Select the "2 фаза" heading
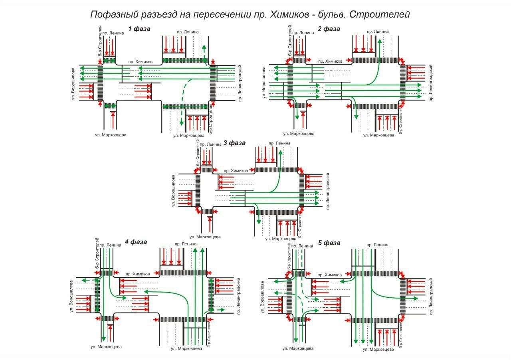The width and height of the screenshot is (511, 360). coord(329,29)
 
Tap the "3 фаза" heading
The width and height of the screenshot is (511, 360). coord(234,143)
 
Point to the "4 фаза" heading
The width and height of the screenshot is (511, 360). coord(136,242)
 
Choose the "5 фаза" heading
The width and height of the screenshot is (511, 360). coord(329,243)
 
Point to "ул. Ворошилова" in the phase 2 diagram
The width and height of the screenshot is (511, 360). coord(263,83)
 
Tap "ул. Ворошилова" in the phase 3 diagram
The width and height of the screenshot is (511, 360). coord(174,190)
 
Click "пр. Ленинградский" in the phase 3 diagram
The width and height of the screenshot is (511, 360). coord(327,191)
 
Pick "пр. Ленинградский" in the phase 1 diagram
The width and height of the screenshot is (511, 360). coord(240,83)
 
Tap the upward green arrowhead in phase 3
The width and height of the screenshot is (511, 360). coord(280,152)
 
